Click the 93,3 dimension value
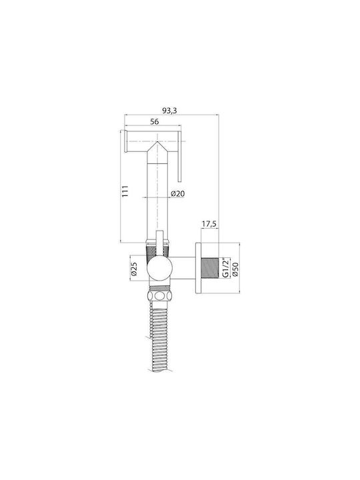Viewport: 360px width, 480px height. [x=169, y=110]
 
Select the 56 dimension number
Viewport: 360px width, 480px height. [x=155, y=121]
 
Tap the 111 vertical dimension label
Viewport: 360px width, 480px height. [x=125, y=191]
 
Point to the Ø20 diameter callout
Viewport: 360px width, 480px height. [x=178, y=193]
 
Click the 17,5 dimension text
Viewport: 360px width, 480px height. [x=209, y=224]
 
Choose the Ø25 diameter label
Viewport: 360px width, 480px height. [x=134, y=268]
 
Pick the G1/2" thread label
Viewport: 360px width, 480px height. [x=225, y=268]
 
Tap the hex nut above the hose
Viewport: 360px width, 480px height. [x=159, y=296]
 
